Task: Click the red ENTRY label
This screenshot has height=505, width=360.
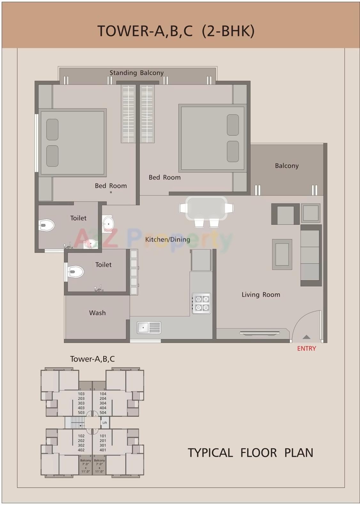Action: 306,348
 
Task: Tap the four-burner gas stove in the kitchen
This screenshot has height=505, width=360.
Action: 201,303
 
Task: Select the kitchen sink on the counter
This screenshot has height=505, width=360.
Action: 149,328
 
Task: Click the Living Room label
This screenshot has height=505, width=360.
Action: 261,295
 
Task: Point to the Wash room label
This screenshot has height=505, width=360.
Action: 97,313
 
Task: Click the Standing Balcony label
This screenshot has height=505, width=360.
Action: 137,73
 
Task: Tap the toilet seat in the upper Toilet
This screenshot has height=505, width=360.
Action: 47,225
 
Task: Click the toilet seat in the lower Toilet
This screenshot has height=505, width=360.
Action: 75,272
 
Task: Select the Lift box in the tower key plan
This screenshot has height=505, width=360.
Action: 105,423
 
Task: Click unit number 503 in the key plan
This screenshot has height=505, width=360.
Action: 81,413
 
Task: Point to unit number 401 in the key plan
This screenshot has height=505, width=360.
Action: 103,450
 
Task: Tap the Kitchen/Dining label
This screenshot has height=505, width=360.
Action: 168,239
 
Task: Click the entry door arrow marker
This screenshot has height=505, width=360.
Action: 306,337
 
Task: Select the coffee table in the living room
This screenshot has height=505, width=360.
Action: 282,254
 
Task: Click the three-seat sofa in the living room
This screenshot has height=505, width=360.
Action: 310,255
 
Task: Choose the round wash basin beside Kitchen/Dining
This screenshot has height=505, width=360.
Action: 108,223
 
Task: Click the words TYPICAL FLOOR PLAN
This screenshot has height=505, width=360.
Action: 250,453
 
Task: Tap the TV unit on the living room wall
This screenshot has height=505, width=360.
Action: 260,333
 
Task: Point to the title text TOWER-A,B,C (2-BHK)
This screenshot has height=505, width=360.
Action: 176,31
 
